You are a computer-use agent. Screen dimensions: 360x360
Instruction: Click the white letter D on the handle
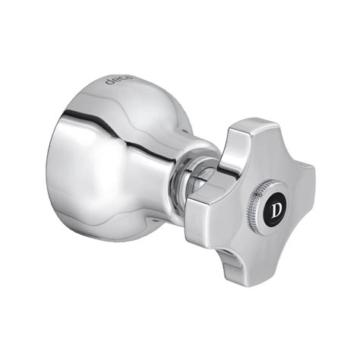[276, 210]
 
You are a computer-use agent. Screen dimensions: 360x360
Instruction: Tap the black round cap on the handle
[276, 210]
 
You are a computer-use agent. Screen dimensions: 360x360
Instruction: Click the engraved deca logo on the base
[118, 80]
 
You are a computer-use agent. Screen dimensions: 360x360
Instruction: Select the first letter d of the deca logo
[109, 81]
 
